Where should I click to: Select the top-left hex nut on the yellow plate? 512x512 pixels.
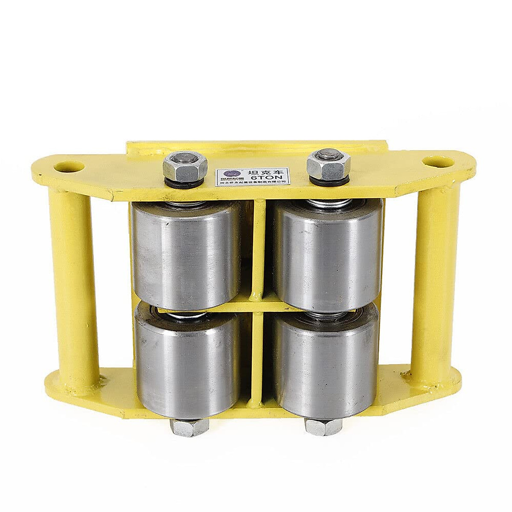point(185,165)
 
